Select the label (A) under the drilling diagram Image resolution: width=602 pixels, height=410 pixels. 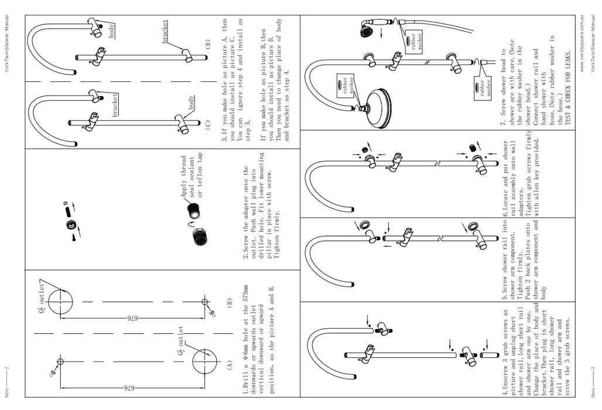tap(230, 363)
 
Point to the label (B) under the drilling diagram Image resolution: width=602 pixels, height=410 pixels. tap(230, 303)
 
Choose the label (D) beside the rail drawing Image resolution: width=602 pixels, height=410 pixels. tap(207, 45)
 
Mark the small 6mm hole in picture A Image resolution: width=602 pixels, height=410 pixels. tap(60, 359)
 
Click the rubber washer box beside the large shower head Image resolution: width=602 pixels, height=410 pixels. tap(340, 87)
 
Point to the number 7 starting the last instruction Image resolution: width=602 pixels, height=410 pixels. tap(503, 124)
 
